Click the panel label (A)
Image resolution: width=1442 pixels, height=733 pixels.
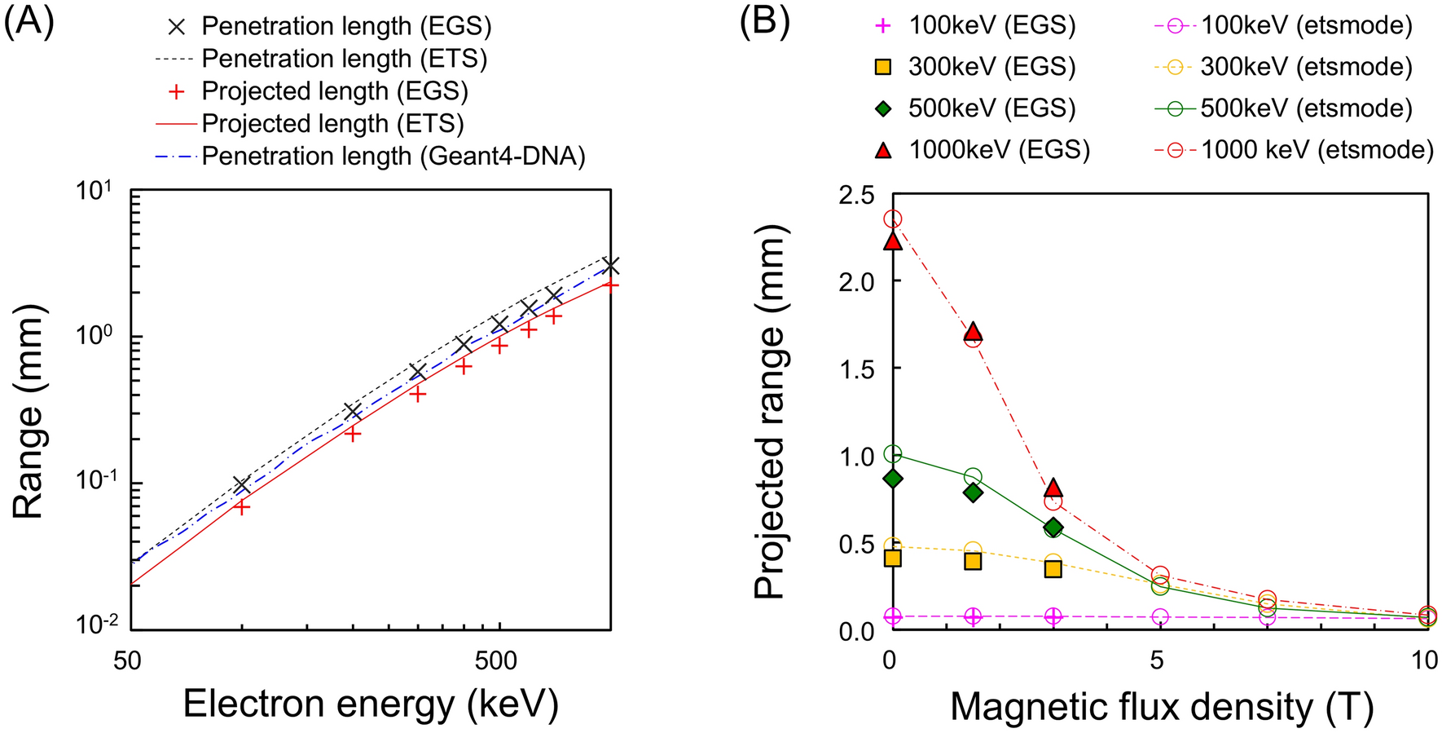29,21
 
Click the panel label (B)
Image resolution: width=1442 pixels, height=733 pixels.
764,21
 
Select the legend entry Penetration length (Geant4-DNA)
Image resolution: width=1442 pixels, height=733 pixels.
393,156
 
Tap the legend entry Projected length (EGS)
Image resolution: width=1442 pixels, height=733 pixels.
335,91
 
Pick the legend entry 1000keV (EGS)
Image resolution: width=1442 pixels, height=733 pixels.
999,149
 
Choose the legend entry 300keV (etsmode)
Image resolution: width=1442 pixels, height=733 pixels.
1306,67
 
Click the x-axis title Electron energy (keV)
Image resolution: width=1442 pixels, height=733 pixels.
371,704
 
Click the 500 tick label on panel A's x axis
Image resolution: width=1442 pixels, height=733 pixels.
496,660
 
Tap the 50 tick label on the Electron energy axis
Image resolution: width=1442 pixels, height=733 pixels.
128,660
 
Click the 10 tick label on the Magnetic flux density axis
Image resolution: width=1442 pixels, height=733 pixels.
1424,660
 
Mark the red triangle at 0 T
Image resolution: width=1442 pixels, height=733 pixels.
893,241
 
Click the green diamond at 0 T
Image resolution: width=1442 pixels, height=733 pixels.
893,479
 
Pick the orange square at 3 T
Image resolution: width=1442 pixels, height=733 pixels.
1053,568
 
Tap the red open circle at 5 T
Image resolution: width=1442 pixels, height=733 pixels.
1160,575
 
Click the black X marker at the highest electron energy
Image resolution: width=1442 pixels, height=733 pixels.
610,266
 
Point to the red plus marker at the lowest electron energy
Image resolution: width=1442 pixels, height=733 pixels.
242,507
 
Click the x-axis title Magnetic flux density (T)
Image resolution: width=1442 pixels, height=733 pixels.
1161,706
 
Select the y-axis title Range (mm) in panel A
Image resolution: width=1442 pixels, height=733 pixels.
29,412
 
